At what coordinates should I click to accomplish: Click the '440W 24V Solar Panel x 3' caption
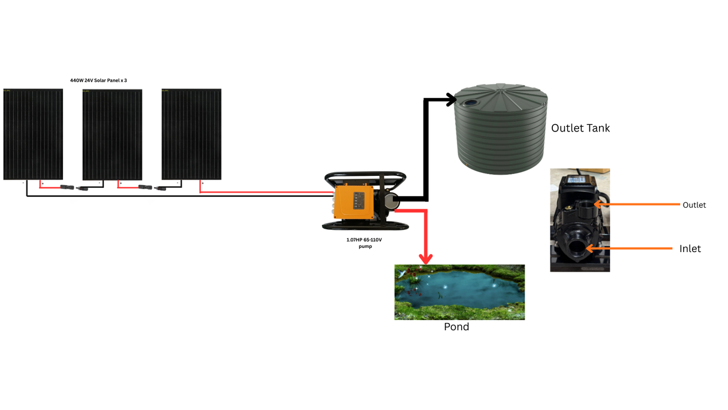click(x=98, y=80)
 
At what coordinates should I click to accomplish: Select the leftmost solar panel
click(x=33, y=134)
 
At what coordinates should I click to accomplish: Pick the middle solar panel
click(x=112, y=134)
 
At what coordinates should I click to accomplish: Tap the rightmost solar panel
click(x=191, y=134)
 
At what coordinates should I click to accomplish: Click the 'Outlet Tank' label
click(x=580, y=128)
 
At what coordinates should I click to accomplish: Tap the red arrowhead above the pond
click(x=426, y=258)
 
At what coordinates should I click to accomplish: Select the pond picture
click(x=459, y=292)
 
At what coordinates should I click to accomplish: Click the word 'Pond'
click(x=456, y=327)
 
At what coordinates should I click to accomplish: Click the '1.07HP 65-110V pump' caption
click(x=364, y=243)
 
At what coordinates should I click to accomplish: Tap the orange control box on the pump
click(x=354, y=202)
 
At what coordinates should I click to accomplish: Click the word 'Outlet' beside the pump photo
click(x=694, y=205)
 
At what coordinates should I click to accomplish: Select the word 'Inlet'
click(x=690, y=249)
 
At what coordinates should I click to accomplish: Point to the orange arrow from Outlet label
click(x=636, y=205)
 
